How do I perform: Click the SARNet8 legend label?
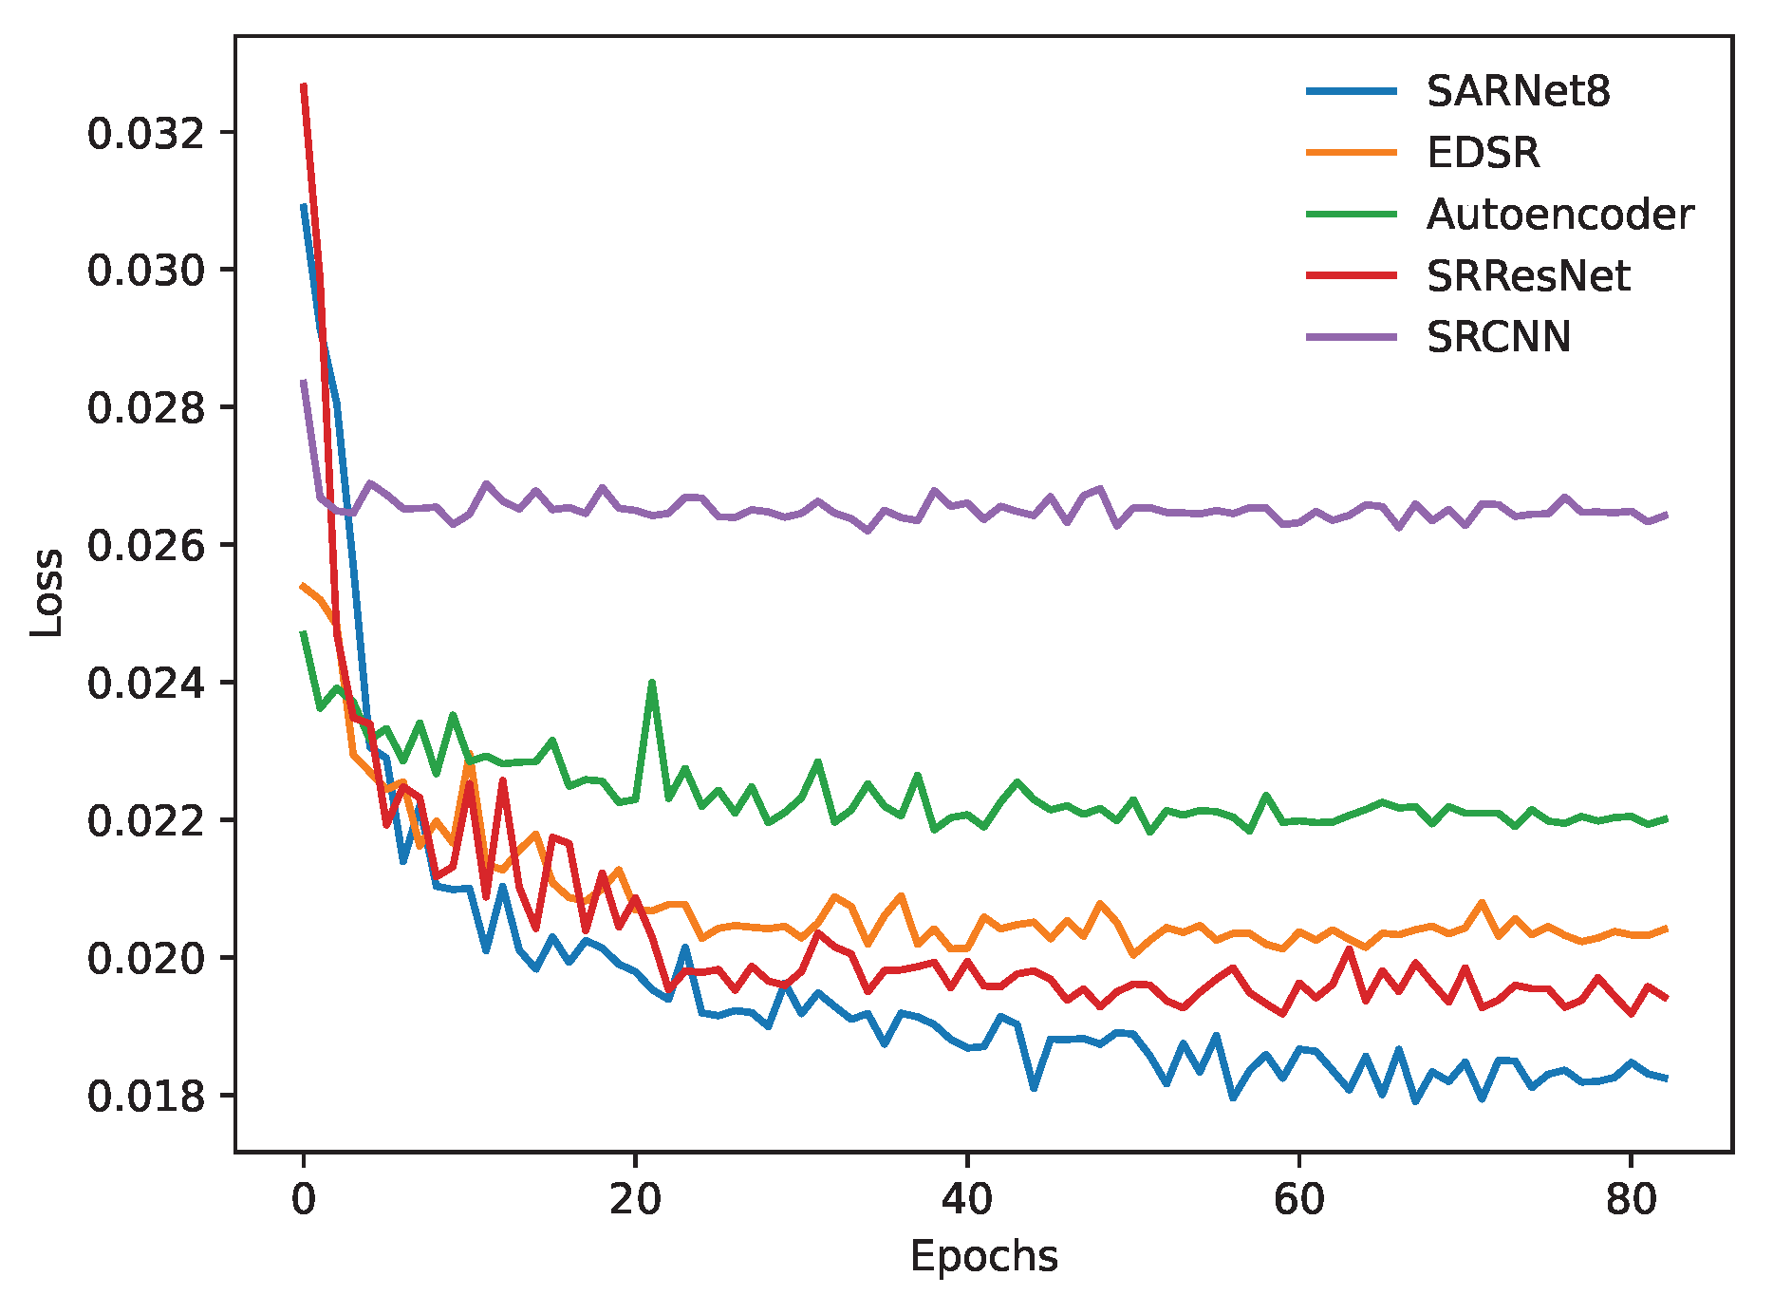point(1518,91)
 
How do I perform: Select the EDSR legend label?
point(1483,153)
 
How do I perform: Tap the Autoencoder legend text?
point(1559,215)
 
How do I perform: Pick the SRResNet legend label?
point(1528,276)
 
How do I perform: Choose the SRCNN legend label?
point(1499,337)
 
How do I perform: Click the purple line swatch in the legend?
point(1352,337)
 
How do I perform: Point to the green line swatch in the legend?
point(1352,215)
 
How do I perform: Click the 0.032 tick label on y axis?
point(145,134)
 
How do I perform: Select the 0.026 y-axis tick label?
point(145,546)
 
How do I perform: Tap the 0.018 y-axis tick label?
point(145,1097)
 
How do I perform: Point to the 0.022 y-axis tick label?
point(145,821)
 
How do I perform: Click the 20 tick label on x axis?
point(635,1200)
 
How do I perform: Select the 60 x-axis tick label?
point(1298,1200)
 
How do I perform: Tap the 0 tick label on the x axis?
point(304,1200)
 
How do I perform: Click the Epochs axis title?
point(983,1257)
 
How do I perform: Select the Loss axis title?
point(46,593)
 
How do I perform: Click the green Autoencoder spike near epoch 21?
point(652,683)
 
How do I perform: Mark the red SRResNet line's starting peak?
point(304,85)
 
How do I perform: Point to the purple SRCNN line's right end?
point(1666,515)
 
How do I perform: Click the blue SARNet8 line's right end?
point(1666,1079)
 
